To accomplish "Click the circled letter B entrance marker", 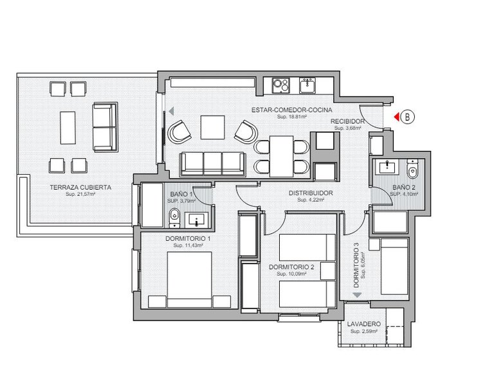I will [x=408, y=116].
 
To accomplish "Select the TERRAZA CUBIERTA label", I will [x=80, y=187].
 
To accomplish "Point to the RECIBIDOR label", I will [x=348, y=121].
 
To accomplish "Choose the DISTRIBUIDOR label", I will [x=310, y=193].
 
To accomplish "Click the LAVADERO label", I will [x=364, y=324].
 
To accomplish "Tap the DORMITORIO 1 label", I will [x=188, y=238].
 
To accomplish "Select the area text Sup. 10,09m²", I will [x=291, y=274].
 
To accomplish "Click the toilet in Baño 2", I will [x=413, y=170].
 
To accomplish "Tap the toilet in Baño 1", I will [x=174, y=220].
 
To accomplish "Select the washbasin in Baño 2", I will [x=387, y=168].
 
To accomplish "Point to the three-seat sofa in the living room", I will [x=212, y=163].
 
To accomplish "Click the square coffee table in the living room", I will [x=212, y=127].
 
